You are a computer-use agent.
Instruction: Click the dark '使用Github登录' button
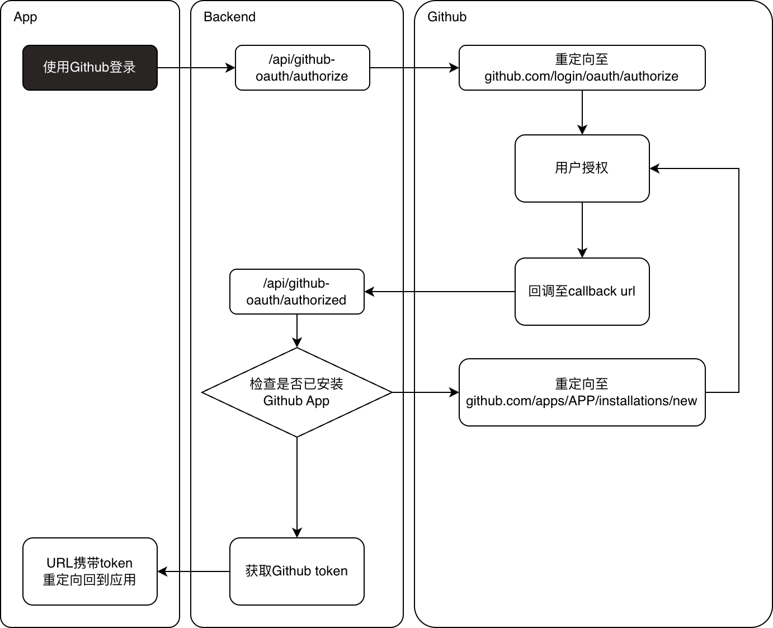(89, 68)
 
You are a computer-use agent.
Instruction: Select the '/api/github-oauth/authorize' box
(302, 68)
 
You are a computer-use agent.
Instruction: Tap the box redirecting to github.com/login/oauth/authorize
(582, 68)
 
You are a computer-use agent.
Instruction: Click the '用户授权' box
(582, 168)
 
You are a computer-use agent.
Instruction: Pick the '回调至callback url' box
(582, 291)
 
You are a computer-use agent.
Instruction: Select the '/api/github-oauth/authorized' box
(296, 292)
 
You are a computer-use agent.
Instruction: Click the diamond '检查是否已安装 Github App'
(296, 392)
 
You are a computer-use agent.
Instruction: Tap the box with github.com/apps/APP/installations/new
(582, 392)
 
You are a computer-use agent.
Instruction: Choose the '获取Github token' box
(296, 571)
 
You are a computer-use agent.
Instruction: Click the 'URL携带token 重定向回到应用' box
(89, 571)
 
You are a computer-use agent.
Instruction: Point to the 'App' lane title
(25, 17)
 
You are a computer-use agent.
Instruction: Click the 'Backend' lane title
(229, 17)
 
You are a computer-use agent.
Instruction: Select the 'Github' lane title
(446, 17)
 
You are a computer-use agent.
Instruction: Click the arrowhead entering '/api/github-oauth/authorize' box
(230, 68)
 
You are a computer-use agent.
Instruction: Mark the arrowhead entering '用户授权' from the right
(655, 168)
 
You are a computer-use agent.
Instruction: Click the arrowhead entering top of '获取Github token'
(297, 532)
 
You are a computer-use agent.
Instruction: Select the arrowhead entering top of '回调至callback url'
(582, 252)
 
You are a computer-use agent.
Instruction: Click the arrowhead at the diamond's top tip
(297, 342)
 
